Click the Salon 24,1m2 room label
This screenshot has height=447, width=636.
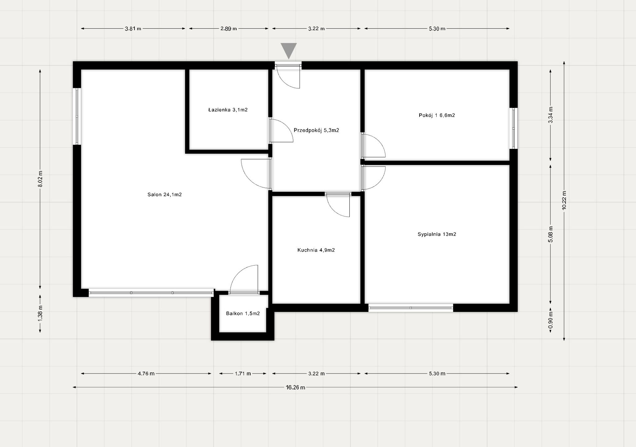click(165, 195)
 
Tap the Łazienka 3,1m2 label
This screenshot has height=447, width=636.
click(228, 110)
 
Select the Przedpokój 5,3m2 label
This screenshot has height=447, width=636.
click(316, 130)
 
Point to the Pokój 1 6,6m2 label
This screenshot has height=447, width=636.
click(437, 115)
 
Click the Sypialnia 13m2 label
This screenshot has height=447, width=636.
click(437, 234)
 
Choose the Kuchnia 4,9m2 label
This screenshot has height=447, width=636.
click(316, 250)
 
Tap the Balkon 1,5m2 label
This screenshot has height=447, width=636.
click(243, 313)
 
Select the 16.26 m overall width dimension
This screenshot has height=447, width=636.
click(295, 387)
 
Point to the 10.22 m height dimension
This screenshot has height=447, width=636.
click(564, 200)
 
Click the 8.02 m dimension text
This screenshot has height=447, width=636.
click(40, 179)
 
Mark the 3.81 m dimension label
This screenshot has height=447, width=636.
click(133, 29)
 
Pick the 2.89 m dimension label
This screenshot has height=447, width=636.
click(229, 29)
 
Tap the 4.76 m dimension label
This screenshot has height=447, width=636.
click(146, 373)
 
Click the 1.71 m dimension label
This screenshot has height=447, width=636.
click(243, 373)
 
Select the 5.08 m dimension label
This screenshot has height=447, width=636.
click(551, 234)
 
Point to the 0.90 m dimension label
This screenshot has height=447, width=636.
click(551, 321)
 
